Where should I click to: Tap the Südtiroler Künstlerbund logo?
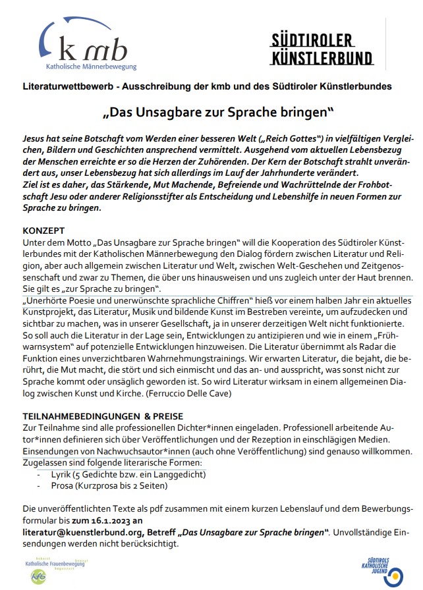point(322,49)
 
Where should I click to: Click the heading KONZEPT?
point(43,232)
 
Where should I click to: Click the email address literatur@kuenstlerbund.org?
point(89,531)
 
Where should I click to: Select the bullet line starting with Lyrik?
point(121,474)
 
